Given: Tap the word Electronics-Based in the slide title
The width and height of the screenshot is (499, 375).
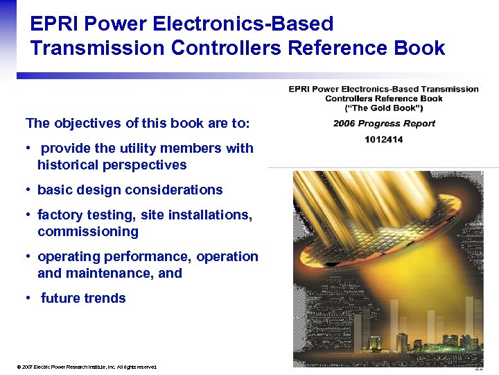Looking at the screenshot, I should [x=247, y=24].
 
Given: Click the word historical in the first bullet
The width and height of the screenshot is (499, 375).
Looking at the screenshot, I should [x=69, y=165].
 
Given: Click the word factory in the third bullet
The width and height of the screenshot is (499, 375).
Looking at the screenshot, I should [x=60, y=215].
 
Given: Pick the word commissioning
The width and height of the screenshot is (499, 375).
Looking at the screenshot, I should [x=88, y=232].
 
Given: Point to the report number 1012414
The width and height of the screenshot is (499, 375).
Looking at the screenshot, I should [x=384, y=140].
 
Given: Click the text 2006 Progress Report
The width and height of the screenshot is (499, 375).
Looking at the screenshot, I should [x=384, y=124].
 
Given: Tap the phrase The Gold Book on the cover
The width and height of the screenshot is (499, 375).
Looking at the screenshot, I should [x=384, y=108].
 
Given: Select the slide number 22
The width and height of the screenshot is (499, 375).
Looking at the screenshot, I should [x=479, y=367].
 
